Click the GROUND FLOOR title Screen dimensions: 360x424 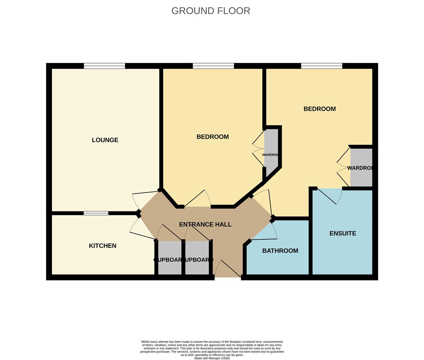tap(210, 11)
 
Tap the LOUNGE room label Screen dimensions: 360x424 tap(105, 140)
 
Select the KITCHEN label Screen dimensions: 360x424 tap(102, 246)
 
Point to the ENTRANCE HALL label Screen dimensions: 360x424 tap(205, 224)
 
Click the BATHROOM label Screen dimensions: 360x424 tap(280, 251)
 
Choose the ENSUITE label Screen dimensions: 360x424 tap(343, 233)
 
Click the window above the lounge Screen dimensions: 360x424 tap(104, 66)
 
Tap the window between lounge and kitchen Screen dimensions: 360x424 tap(96, 213)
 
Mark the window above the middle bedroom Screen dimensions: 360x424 tap(214, 66)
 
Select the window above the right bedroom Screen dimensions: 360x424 tap(322, 66)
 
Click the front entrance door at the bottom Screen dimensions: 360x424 tap(228, 270)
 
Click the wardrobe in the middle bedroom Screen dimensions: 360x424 tap(271, 148)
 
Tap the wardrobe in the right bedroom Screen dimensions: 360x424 tap(361, 167)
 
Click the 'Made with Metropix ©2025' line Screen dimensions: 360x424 tap(212, 358)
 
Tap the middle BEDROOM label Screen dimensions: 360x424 tap(213, 137)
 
